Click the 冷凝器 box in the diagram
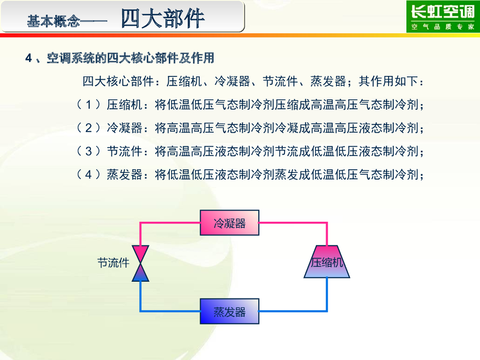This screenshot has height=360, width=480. [x=230, y=223]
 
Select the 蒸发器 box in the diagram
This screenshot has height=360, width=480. [x=230, y=311]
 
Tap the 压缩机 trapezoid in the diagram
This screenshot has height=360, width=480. [x=327, y=262]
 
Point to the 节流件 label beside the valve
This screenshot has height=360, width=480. [x=113, y=262]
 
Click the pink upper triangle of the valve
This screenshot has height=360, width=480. [x=140, y=254]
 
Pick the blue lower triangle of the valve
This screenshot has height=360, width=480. [x=140, y=273]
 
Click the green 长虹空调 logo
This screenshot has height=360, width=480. [x=442, y=12]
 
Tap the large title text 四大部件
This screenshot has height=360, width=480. [x=163, y=19]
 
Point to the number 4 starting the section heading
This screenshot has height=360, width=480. [x=28, y=59]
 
